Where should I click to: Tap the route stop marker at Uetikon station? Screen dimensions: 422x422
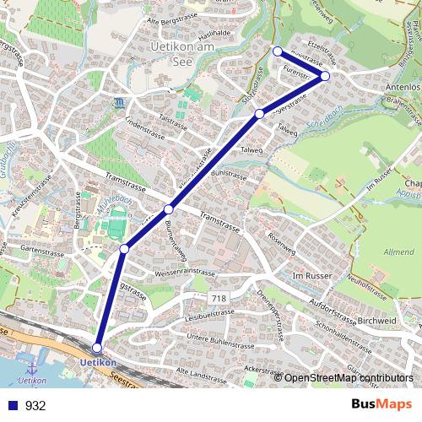[x=97, y=348]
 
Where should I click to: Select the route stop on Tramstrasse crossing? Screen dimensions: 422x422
[x=169, y=208]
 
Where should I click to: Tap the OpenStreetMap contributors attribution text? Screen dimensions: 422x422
[x=349, y=379]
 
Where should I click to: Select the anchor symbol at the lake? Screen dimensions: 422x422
[x=33, y=369]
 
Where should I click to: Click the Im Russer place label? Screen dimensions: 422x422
[x=309, y=276]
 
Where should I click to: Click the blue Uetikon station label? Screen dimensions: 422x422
[x=97, y=363]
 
